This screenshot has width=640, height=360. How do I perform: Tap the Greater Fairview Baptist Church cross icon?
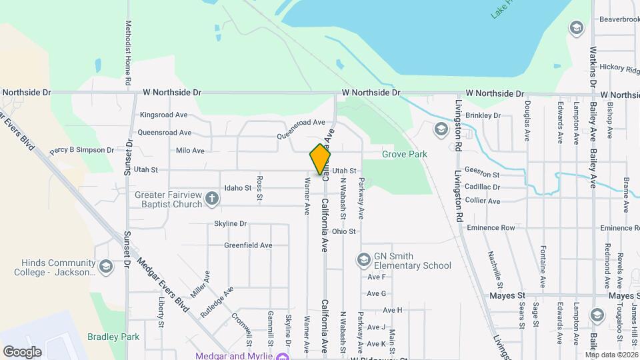tap(212, 198)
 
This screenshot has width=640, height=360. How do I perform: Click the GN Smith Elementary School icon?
tap(364, 259)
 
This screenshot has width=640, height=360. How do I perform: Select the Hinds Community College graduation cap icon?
tap(105, 267)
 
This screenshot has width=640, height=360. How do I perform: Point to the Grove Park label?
tap(404, 154)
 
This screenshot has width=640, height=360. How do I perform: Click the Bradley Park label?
tap(117, 337)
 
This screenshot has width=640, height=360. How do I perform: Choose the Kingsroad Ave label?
tap(163, 115)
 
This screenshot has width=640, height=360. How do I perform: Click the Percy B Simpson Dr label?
tap(82, 150)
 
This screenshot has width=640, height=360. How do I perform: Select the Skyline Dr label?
tap(231, 223)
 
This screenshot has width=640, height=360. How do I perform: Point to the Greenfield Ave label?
tap(248, 245)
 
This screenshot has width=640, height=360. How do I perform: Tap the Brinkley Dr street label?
tap(483, 115)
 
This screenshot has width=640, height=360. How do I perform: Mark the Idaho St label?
tap(237, 188)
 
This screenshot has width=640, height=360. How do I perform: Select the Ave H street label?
tap(393, 310)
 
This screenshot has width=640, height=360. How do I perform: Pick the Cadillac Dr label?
tap(483, 187)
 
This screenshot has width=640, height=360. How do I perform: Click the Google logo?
tap(22, 351)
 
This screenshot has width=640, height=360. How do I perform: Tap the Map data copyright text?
tap(611, 354)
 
